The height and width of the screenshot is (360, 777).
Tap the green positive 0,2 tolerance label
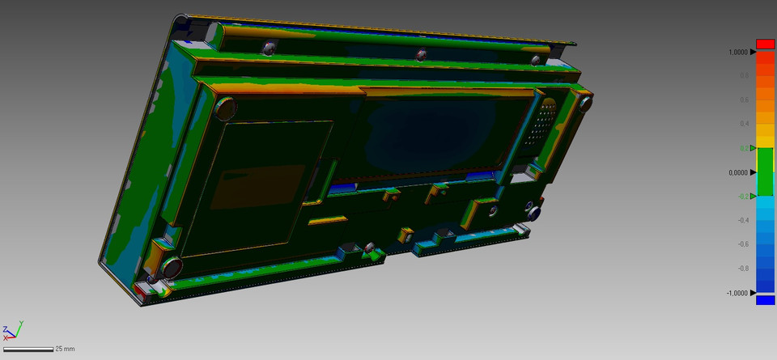(743, 148)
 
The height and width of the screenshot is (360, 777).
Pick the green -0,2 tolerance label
(742, 197)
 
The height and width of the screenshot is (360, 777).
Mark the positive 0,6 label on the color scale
(743, 100)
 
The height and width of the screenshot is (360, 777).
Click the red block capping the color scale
(765, 44)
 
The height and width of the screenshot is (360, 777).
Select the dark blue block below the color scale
(765, 300)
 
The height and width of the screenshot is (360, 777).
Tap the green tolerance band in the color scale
(765, 172)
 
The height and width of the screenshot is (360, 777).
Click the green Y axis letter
(20, 324)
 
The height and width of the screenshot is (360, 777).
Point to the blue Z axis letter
(5, 329)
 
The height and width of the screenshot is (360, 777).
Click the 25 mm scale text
(65, 349)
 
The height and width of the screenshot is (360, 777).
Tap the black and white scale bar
(28, 349)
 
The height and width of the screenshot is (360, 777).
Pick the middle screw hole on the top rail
(420, 55)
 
